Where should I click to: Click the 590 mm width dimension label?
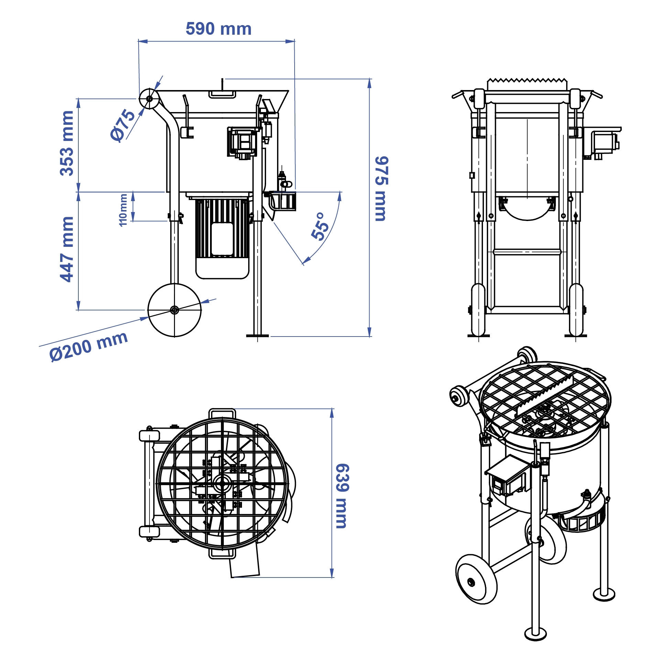click(219, 29)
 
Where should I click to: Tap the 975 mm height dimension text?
click(381, 189)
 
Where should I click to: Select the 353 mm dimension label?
click(67, 143)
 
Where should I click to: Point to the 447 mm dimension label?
click(67, 249)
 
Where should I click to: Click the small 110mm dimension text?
click(123, 210)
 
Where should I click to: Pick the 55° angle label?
click(320, 227)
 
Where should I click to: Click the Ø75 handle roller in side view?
click(149, 99)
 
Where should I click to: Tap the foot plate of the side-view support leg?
click(257, 335)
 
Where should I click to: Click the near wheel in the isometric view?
click(476, 581)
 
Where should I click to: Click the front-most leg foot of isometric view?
click(535, 632)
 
